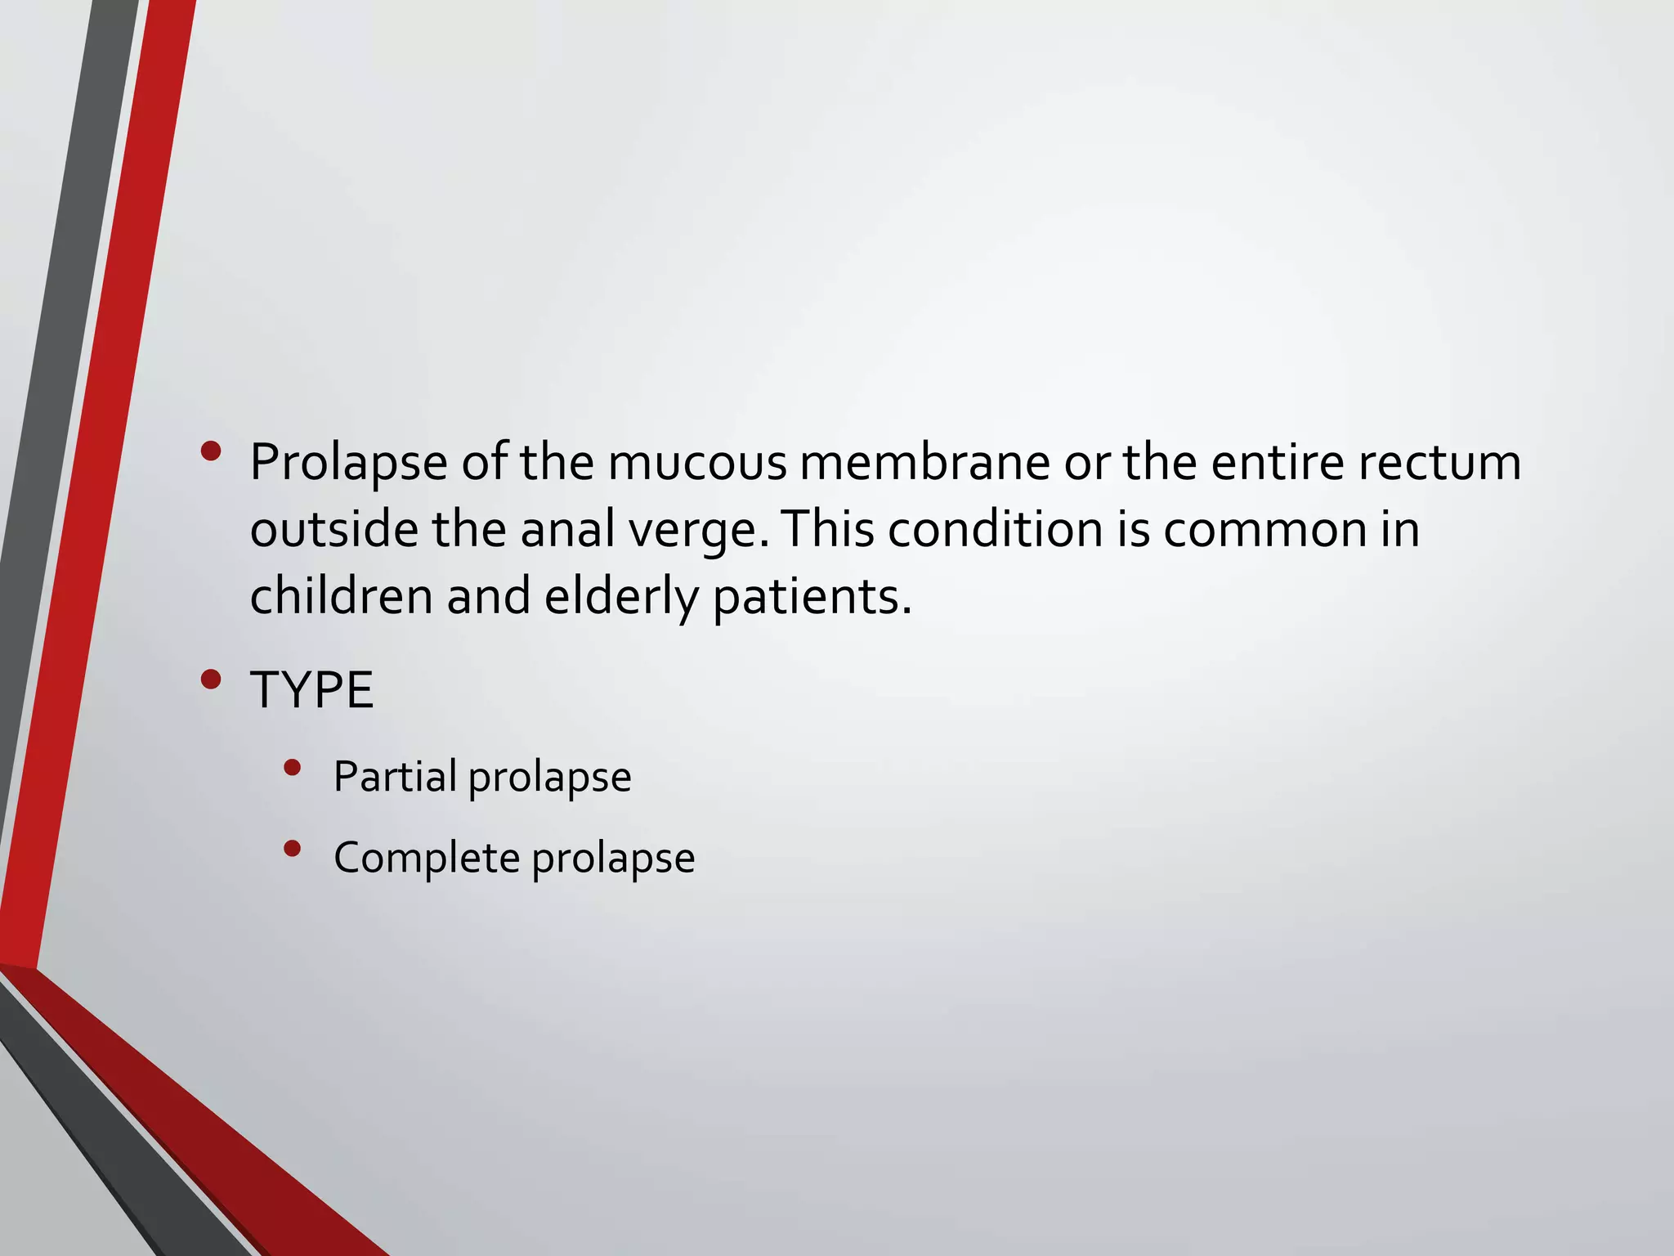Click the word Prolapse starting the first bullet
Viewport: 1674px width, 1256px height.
click(x=348, y=463)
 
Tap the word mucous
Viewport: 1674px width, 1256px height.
click(x=696, y=463)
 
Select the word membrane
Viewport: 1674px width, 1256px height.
click(x=924, y=463)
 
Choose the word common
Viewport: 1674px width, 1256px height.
click(x=1264, y=530)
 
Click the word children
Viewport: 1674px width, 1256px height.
click(x=341, y=596)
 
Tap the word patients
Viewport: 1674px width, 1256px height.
click(x=811, y=598)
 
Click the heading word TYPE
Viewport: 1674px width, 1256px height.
click(x=311, y=690)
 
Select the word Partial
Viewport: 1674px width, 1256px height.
click(x=395, y=776)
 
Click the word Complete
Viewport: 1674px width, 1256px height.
click(x=427, y=858)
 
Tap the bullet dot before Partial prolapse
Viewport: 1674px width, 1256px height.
click(x=292, y=767)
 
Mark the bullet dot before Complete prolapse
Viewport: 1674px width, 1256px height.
click(x=292, y=849)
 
